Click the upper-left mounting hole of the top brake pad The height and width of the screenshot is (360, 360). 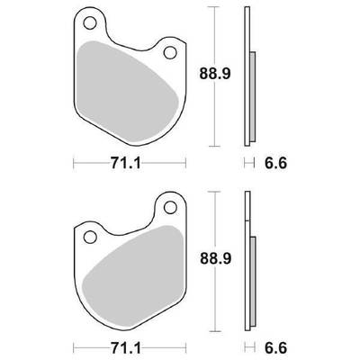[x=90, y=22]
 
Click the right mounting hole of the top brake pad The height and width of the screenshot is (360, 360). [x=170, y=52]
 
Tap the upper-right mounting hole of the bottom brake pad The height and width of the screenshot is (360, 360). [x=170, y=207]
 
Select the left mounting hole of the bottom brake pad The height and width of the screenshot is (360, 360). [x=90, y=237]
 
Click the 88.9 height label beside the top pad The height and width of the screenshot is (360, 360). [x=215, y=74]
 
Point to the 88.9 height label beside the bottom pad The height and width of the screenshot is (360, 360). [x=215, y=258]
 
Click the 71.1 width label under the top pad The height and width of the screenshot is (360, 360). [x=126, y=163]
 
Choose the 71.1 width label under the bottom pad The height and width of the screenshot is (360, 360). [x=126, y=348]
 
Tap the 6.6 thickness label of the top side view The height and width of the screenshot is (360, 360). [x=275, y=163]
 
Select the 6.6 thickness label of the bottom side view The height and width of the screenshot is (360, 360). [x=275, y=348]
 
